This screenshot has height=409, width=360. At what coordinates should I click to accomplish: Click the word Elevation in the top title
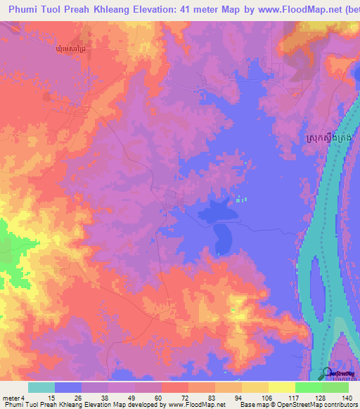(x=167, y=10)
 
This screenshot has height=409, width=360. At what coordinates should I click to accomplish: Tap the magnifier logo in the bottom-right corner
(x=328, y=374)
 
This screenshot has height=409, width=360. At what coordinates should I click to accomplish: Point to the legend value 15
(x=41, y=397)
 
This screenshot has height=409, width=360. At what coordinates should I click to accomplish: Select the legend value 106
(x=262, y=397)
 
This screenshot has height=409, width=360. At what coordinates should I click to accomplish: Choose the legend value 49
(x=121, y=397)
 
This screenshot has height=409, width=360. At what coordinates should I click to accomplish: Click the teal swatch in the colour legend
(x=41, y=387)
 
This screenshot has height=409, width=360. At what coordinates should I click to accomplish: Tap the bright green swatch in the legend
(x=308, y=387)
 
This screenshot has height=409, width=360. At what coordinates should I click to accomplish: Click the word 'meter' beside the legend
(x=11, y=397)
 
